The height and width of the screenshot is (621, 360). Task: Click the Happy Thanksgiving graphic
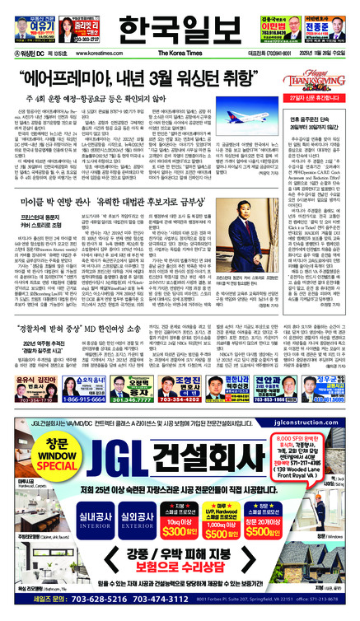326,81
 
